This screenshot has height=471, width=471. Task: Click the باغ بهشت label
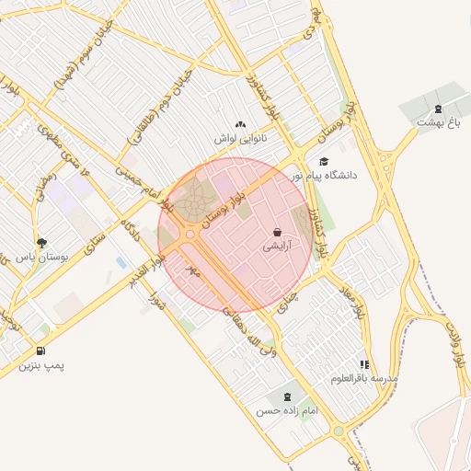[438, 121]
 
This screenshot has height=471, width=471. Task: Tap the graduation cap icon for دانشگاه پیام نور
[323, 161]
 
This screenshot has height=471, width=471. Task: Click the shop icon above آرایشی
[278, 232]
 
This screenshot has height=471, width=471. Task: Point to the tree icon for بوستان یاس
[41, 243]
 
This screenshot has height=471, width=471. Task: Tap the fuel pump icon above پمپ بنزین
[41, 351]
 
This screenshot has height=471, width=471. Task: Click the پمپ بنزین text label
[42, 366]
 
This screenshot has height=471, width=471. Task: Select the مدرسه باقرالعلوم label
[365, 378]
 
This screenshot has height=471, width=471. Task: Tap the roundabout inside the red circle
[190, 235]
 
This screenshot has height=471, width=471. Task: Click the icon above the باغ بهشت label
[438, 108]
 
